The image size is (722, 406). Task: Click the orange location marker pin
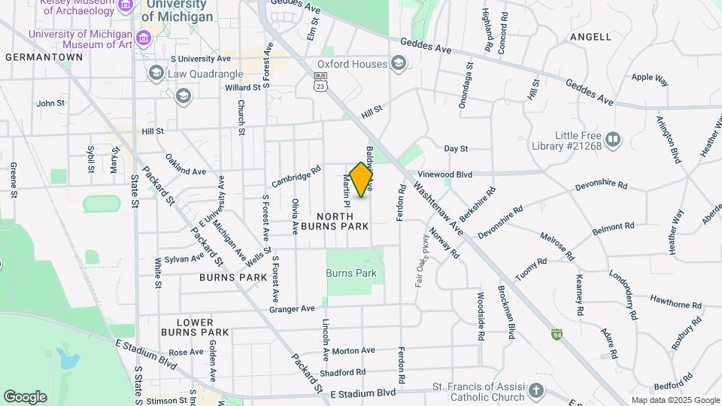coord(362,180)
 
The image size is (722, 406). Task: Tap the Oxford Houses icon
coord(398,65)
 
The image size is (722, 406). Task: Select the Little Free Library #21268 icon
coord(614,139)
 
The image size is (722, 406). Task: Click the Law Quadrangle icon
coord(156,74)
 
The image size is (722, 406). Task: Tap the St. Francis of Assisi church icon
coord(535,390)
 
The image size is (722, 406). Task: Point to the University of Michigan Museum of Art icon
coord(143,36)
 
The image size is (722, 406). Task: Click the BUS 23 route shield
coord(321,81)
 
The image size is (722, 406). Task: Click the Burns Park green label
coord(351,274)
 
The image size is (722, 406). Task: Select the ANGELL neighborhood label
coord(590,36)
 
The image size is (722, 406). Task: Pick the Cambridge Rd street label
coord(296,177)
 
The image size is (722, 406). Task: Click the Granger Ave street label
coord(292,309)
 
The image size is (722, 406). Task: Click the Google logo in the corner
coord(25,396)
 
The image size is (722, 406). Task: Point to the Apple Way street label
coord(650,77)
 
